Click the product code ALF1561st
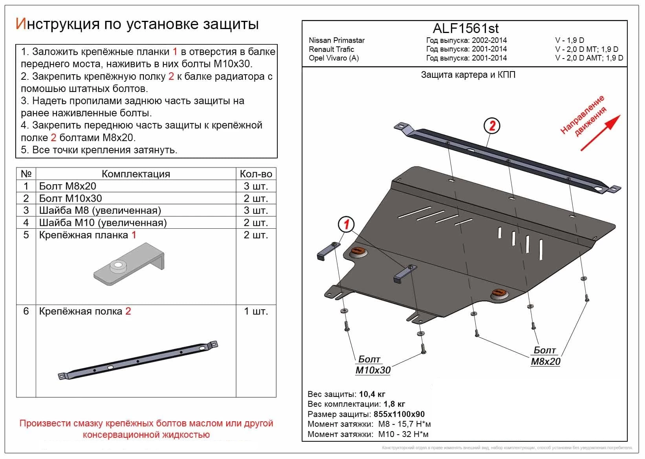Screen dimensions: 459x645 (465, 28)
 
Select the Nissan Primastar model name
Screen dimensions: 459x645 (337, 40)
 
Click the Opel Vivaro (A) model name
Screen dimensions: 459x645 (333, 58)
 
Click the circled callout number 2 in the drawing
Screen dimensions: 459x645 (492, 126)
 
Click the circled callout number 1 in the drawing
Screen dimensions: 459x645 (346, 225)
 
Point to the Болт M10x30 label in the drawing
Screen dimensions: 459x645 (373, 365)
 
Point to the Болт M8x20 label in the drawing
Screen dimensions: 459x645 (545, 356)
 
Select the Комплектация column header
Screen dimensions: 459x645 (136, 174)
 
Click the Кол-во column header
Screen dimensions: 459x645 (256, 174)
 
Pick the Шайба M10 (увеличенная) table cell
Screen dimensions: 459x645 (103, 223)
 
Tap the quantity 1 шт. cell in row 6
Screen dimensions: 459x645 (256, 311)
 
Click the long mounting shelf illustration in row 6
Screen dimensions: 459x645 (137, 360)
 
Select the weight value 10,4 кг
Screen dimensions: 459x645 (372, 394)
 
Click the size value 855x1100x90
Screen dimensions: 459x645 (399, 414)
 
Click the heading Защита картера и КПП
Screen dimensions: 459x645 (468, 75)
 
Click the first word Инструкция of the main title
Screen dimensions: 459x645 (57, 24)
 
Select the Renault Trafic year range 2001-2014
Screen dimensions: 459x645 (489, 49)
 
